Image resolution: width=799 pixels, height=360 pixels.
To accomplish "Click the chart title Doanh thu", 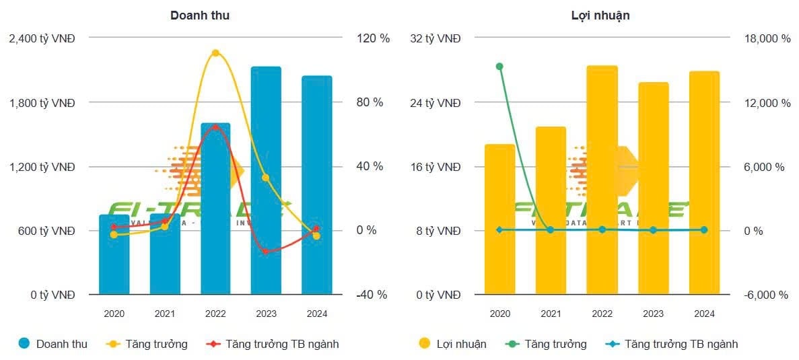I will (199, 15).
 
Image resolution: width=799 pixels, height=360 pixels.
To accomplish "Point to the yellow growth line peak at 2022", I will (215, 52).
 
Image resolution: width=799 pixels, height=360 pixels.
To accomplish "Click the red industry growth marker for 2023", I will (265, 252).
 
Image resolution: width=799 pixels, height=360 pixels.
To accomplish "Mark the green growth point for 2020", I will (499, 66).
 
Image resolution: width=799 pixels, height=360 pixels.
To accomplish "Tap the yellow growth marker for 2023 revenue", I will (265, 178).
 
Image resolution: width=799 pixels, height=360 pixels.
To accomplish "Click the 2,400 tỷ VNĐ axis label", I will (42, 38).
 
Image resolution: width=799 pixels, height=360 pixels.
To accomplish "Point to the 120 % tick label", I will (374, 38).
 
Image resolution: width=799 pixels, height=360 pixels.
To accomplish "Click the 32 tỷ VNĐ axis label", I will (436, 38).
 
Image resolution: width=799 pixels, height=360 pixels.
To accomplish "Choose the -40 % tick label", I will (372, 295).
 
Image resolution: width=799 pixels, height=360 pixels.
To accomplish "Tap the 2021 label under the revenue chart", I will (165, 314).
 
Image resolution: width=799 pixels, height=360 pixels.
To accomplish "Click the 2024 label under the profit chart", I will (703, 314).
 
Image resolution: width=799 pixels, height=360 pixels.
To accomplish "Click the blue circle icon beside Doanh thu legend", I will (24, 344).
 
